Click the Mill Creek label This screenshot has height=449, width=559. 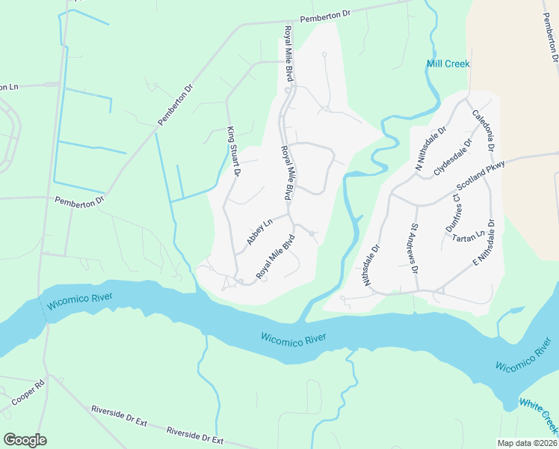pyautogui.click(x=448, y=64)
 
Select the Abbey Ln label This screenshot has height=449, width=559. pyautogui.click(x=259, y=232)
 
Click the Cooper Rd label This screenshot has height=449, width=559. pyautogui.click(x=28, y=394)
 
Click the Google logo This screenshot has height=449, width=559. pyautogui.click(x=25, y=439)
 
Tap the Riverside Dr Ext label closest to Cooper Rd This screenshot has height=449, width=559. pyautogui.click(x=118, y=417)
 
